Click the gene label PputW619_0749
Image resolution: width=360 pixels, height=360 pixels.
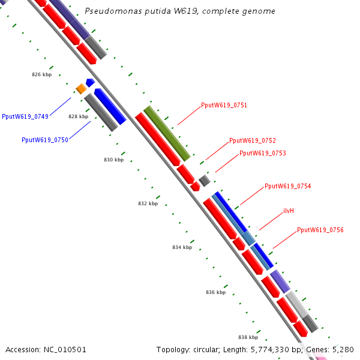(25, 116)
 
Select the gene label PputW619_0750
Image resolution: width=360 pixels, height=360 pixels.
(44, 140)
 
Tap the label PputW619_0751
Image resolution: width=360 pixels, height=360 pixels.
(224, 106)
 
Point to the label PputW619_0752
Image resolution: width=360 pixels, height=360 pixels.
(253, 141)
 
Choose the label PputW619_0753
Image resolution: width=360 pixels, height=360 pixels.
(262, 154)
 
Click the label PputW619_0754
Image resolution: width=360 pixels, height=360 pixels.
(287, 187)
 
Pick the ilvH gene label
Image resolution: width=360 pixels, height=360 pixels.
(289, 211)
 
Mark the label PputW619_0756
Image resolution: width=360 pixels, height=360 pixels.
(320, 230)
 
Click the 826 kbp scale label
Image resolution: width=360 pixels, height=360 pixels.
(41, 75)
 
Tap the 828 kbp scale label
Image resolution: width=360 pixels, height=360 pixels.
(78, 117)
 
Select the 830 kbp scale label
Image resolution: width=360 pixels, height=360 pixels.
(113, 160)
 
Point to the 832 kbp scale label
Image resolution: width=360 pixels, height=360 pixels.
(148, 204)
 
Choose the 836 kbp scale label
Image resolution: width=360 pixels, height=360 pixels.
(215, 293)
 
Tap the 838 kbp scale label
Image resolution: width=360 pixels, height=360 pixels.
(248, 338)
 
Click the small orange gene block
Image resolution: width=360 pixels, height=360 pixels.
(81, 89)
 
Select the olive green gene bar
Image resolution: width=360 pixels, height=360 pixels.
(167, 133)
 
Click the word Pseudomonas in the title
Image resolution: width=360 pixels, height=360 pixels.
(107, 11)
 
